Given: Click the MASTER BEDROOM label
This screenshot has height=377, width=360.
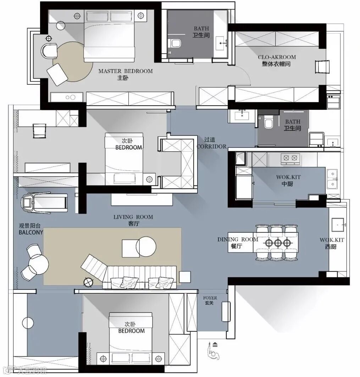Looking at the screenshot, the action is pyautogui.click(x=125, y=71).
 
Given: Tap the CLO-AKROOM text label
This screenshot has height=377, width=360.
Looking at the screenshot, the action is pyautogui.click(x=277, y=57).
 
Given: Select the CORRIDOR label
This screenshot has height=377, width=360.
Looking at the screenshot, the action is pyautogui.click(x=211, y=146).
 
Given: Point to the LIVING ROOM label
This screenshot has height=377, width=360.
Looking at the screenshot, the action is pyautogui.click(x=133, y=217).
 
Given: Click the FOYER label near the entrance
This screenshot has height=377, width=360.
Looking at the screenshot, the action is pyautogui.click(x=210, y=298).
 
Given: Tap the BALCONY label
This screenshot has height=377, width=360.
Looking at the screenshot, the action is pyautogui.click(x=31, y=232).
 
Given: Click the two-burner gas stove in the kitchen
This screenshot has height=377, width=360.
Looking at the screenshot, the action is pyautogui.click(x=290, y=159).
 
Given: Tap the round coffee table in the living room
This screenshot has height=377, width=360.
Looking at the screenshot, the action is pyautogui.click(x=146, y=247).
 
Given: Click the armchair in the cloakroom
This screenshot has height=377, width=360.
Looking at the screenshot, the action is pyautogui.click(x=322, y=67).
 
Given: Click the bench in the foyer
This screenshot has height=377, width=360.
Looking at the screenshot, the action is pyautogui.click(x=226, y=311).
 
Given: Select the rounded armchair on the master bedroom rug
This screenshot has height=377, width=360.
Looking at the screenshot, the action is pyautogui.click(x=49, y=51).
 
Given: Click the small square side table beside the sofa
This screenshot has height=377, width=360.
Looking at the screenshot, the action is pyautogui.click(x=185, y=277).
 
